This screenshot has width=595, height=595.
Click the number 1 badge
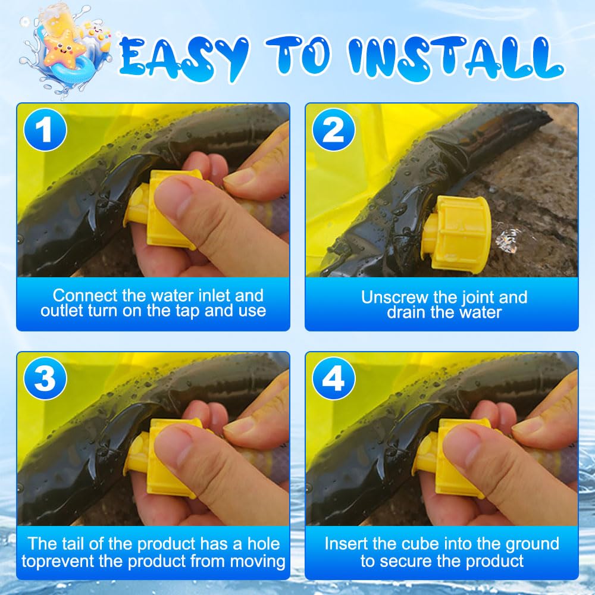tap(45, 130)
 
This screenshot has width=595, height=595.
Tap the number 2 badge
tap(334, 130)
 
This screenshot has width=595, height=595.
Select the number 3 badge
tap(45, 378)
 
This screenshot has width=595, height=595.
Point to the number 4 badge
tap(334, 378)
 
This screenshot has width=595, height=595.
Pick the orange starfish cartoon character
tap(64, 51)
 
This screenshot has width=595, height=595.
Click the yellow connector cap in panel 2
tap(457, 232)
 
